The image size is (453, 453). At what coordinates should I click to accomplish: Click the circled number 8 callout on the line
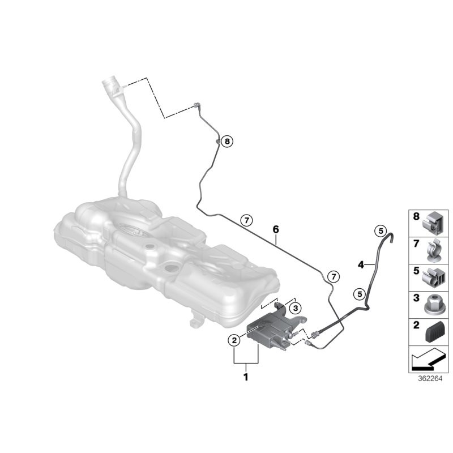point(227,141)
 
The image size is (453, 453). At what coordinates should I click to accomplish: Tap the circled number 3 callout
point(295,308)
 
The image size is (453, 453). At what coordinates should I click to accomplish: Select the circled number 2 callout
point(234,340)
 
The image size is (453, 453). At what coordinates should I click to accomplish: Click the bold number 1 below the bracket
point(246,377)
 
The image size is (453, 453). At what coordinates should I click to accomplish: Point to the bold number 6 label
point(276,229)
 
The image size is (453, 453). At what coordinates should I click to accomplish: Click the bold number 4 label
point(361,264)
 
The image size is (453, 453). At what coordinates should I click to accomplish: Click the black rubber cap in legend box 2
point(435,332)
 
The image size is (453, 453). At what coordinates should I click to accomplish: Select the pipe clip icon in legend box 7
point(434,250)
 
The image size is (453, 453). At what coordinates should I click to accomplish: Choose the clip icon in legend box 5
point(433,278)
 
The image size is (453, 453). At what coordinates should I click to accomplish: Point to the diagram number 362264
point(430,378)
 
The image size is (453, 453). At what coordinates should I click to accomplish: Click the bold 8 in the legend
point(416,216)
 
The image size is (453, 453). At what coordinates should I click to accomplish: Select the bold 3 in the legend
point(416,298)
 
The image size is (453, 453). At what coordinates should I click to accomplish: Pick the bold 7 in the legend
point(416,244)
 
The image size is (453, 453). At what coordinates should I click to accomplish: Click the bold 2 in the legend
point(416,325)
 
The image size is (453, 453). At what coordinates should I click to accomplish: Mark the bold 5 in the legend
point(416,271)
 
